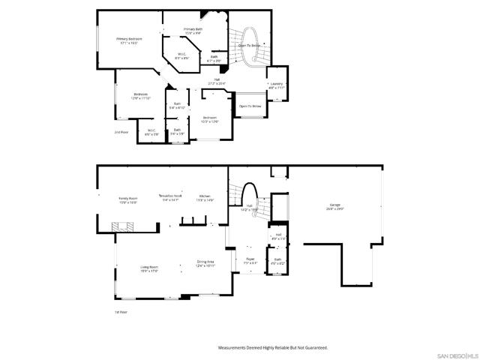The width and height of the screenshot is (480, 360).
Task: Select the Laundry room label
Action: [277, 83]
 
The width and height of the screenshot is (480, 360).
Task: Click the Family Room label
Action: [128, 199]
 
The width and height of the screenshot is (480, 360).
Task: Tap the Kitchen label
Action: [205, 196]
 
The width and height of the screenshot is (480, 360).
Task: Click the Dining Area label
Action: [205, 262]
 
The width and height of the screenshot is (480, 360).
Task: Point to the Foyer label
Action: [250, 261]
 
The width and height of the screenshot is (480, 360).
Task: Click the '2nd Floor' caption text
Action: [121, 131]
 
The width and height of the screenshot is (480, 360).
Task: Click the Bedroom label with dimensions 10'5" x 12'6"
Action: [209, 118]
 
